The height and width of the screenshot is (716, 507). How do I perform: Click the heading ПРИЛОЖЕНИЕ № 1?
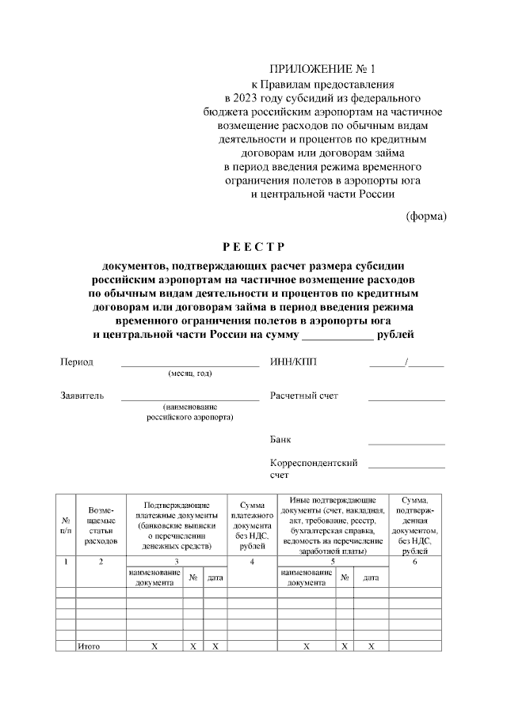[x=322, y=70]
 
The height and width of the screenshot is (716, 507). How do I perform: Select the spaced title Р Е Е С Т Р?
[x=253, y=246]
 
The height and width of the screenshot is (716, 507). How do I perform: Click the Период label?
[x=77, y=362]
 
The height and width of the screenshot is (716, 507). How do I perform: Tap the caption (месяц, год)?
[x=189, y=373]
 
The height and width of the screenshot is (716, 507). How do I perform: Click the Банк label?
[x=281, y=439]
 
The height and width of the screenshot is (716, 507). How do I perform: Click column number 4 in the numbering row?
[x=251, y=562]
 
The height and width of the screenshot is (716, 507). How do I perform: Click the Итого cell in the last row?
[x=89, y=646]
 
